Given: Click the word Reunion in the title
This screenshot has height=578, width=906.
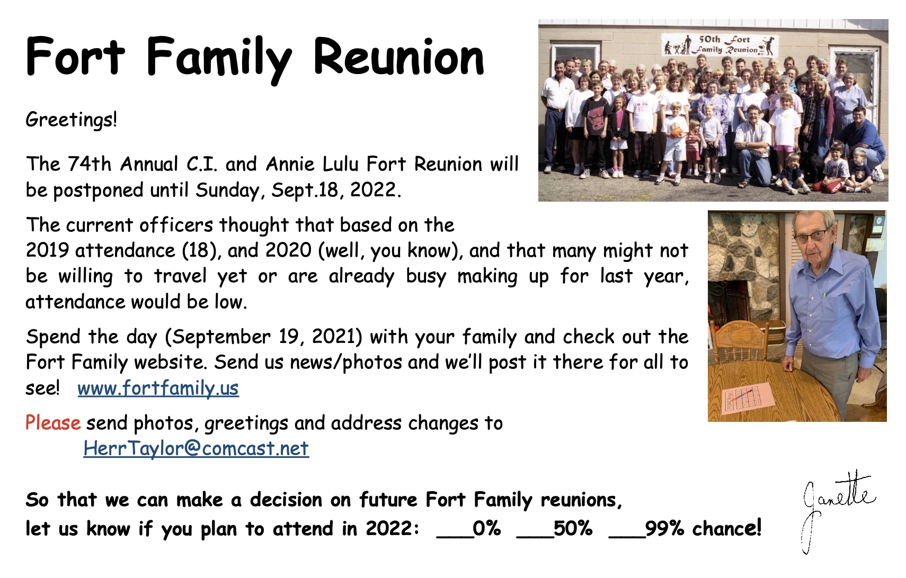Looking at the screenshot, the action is tap(398, 57).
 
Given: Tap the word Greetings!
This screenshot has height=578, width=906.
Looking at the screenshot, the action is tap(71, 120).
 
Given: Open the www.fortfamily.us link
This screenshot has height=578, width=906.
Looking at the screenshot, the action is tap(158, 388).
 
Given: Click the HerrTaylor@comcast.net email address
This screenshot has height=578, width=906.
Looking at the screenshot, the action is tap(196, 448).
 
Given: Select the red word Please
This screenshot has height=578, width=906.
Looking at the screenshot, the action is tap(53, 423).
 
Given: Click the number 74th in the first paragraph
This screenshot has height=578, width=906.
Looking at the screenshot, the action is tap(90, 164).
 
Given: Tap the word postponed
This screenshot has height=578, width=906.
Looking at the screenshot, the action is tap(99, 191).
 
